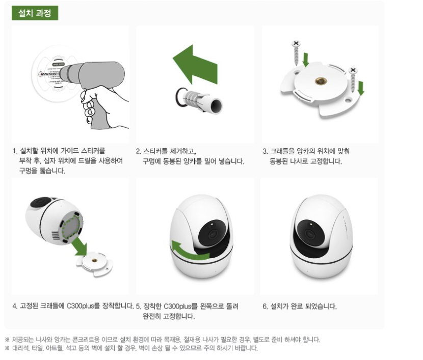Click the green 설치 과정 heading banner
coord(35,13)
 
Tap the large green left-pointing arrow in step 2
coord(195,65)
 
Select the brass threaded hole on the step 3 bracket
coord(321,81)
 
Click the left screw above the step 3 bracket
coord(296,52)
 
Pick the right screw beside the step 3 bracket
coord(353,80)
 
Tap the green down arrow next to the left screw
coord(306,60)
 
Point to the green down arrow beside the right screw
coord(361,89)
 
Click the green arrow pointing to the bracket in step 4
coord(80,246)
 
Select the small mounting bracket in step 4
coord(94,264)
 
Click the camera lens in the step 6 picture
coord(309,233)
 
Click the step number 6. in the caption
coord(265,307)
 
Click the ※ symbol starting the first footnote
coord(7,340)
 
